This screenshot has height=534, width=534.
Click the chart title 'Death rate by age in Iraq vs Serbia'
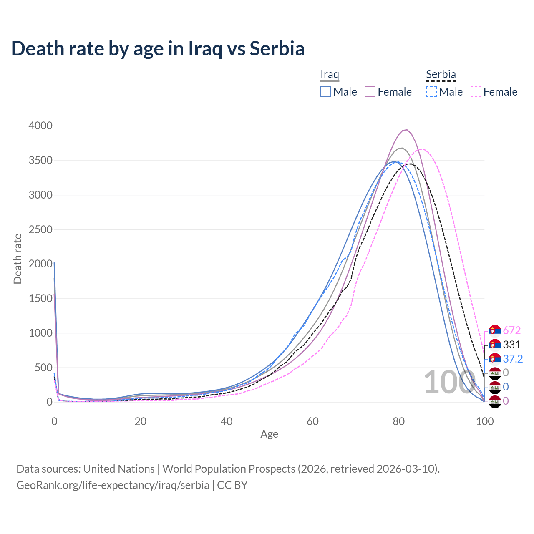coord(158,48)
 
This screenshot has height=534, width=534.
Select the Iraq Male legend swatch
coord(326,92)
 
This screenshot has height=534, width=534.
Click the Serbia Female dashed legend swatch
coord(476,92)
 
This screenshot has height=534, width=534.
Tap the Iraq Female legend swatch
coord(370,92)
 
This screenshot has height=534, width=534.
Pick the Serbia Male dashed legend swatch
coord(431,92)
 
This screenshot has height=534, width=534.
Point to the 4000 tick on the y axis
coord(40,126)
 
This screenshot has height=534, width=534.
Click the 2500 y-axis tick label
coord(40,229)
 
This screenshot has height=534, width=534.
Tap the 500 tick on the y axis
coord(43,368)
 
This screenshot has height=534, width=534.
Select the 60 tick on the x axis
coord(312,421)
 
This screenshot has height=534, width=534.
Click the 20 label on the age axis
coord(140,421)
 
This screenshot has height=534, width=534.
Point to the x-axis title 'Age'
coord(269,434)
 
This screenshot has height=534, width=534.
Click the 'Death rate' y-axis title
coord(18,259)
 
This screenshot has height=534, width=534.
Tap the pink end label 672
coord(512,331)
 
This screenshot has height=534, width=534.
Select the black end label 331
coord(512,345)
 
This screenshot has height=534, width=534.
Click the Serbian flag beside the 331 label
coord(495,345)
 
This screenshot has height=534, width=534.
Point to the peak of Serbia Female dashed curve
coord(422,149)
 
